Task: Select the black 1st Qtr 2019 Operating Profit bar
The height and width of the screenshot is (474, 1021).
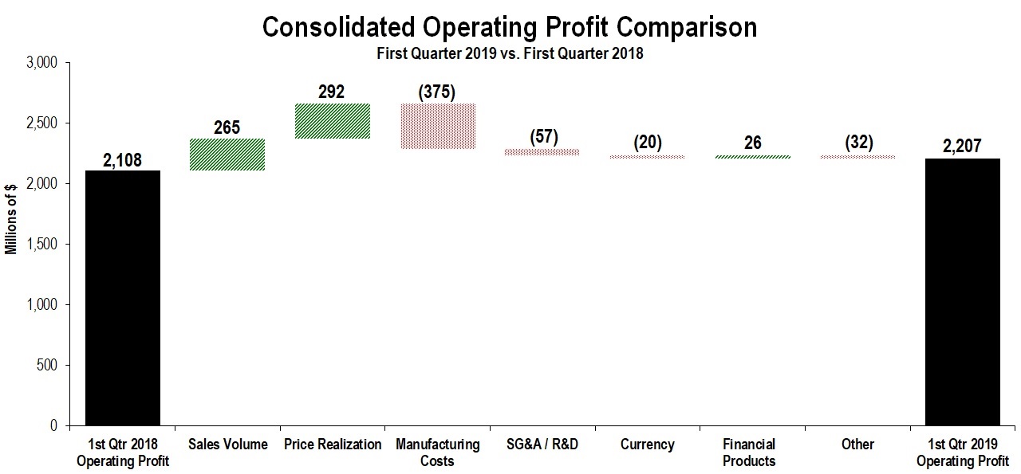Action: coord(962,292)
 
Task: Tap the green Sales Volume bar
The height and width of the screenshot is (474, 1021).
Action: coord(227,155)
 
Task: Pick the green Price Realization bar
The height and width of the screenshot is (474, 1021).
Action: coord(332,121)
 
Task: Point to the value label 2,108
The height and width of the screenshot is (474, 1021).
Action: coord(123,161)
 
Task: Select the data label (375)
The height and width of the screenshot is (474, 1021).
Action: coord(436,92)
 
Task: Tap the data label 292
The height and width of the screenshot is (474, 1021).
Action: coord(332,92)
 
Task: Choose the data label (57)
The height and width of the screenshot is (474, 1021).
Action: coord(542,136)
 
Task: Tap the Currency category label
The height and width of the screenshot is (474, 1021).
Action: coord(647,445)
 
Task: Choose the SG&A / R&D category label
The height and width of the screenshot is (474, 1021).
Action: coord(542,445)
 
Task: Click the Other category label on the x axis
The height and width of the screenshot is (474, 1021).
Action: coord(857,445)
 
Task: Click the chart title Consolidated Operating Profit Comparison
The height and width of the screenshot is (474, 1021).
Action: coord(510,28)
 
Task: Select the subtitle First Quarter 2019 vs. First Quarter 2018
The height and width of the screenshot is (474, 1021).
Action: coord(510,54)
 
